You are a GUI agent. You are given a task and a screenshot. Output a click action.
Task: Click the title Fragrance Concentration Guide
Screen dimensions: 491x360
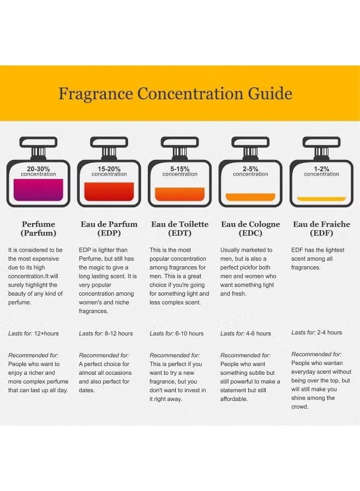[175, 93]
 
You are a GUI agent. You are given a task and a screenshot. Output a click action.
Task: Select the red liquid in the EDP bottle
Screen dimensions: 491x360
[109, 191]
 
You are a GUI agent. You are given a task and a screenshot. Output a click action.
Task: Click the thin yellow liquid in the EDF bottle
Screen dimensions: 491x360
[321, 199]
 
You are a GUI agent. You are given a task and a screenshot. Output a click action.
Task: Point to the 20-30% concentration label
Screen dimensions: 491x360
[38, 171]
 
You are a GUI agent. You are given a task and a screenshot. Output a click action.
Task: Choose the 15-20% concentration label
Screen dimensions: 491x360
[109, 171]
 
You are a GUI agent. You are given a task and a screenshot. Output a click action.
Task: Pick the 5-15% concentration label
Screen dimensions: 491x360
[179, 171]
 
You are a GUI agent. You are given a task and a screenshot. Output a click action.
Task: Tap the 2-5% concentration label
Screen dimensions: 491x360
[250, 171]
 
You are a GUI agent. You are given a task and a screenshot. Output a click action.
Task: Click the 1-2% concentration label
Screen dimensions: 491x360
[321, 171]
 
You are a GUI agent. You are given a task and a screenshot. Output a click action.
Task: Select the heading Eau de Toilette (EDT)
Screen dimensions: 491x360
[179, 229]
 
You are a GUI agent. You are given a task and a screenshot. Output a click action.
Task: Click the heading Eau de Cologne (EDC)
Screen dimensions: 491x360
[250, 229]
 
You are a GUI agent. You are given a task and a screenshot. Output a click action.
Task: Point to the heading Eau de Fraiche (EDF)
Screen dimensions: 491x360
[321, 229]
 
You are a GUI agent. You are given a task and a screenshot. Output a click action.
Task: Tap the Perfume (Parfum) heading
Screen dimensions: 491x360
[38, 229]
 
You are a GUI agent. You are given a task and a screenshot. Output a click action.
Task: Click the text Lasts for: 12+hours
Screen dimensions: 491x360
[33, 333]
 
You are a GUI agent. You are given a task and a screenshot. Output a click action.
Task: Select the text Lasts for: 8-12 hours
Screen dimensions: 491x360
[106, 333]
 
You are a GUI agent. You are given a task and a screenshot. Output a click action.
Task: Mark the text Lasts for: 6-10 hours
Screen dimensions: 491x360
[176, 333]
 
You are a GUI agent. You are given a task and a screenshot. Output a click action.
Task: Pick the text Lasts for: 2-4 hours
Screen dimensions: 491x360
[316, 332]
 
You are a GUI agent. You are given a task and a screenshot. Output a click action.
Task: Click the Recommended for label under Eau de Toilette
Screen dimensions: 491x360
[175, 355]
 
